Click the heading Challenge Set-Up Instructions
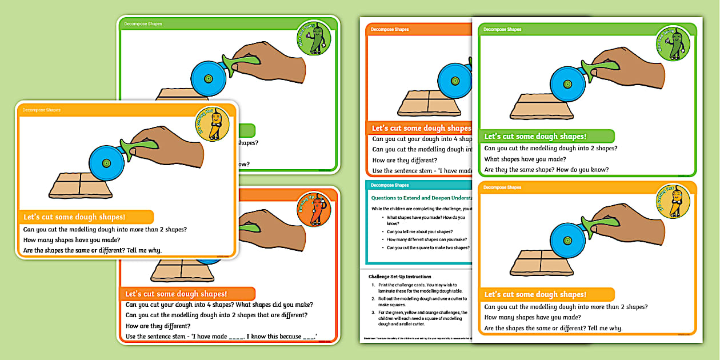coord(399,277)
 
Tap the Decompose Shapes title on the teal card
coord(390,185)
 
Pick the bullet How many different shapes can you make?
coord(426,239)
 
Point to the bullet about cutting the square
coord(427,247)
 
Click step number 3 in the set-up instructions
coord(373,313)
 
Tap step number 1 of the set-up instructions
coord(373,285)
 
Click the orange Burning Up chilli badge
coord(314,209)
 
